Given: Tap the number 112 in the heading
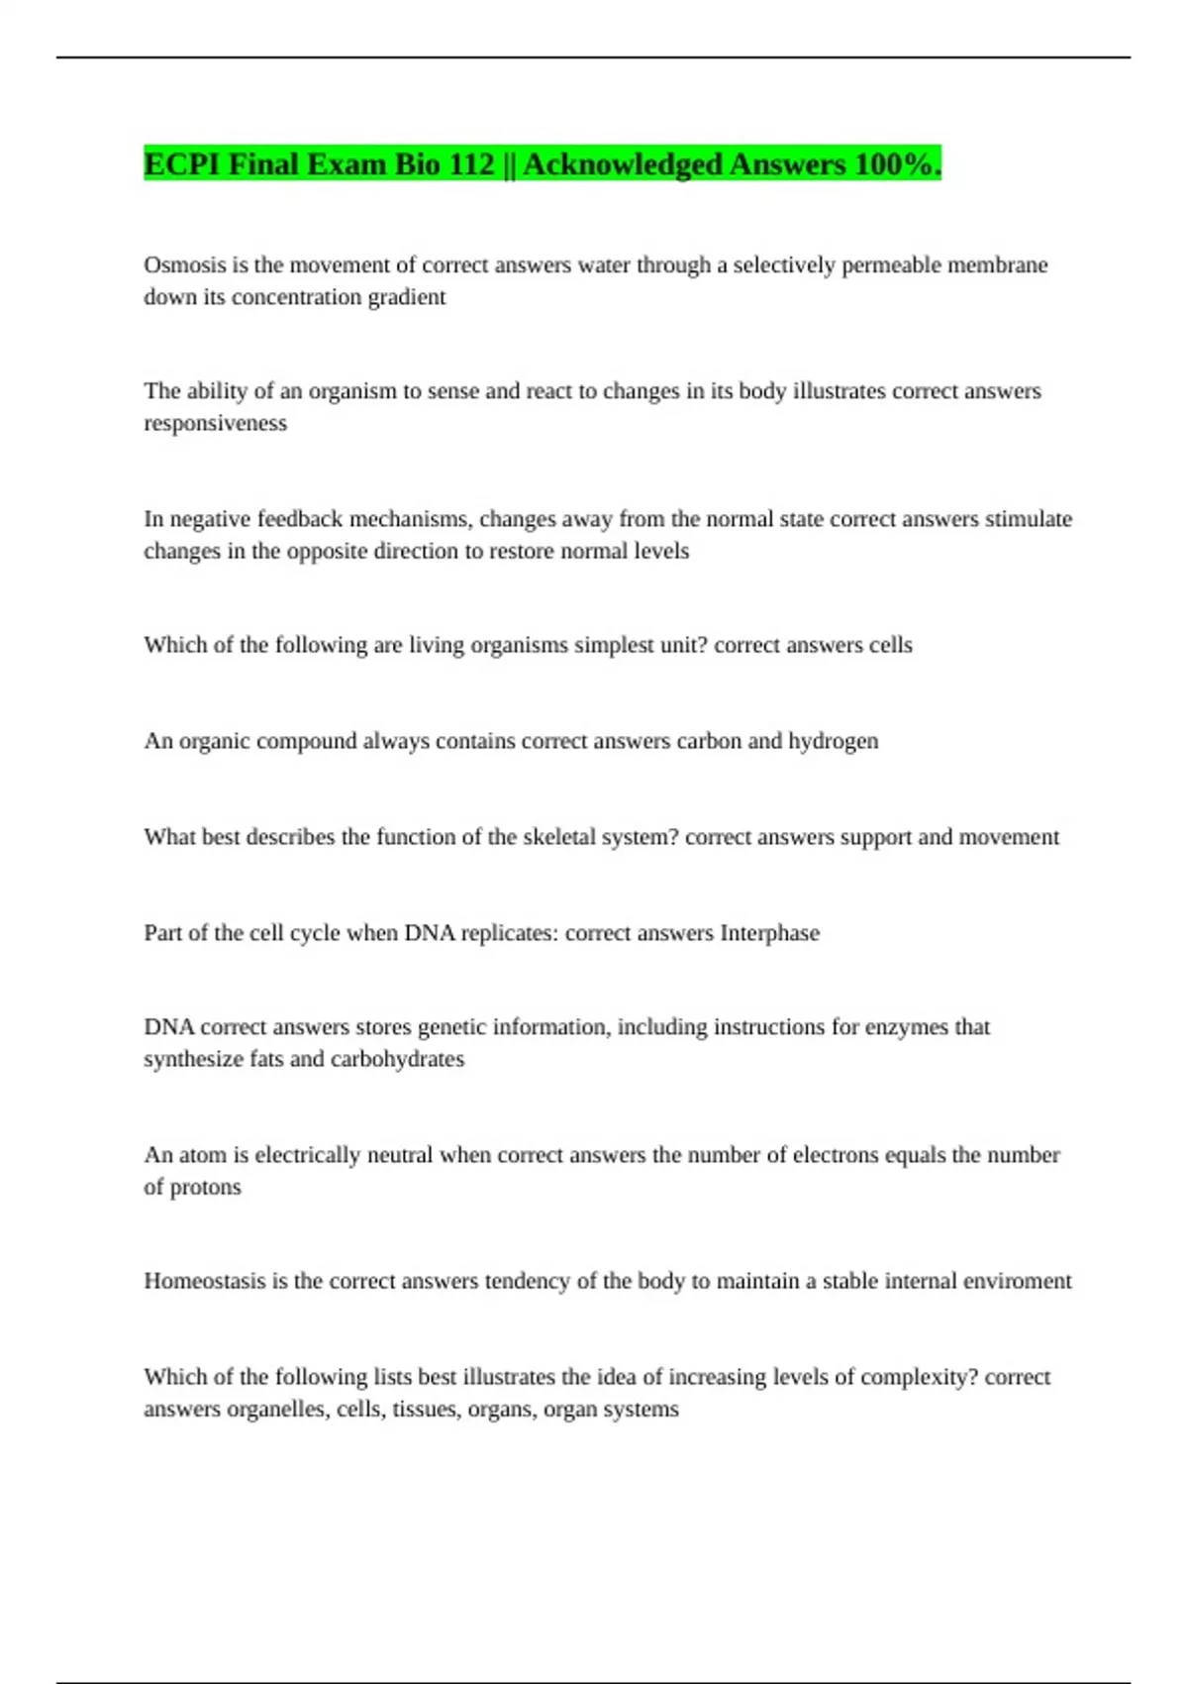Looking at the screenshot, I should coord(471,164).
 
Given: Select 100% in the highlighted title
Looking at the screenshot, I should coord(897,164).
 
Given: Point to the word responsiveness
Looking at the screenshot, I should coord(215,423).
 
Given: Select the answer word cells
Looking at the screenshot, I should coord(890,645).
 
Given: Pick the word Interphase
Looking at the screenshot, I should coord(769,933).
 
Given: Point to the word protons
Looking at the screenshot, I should coord(205,1187).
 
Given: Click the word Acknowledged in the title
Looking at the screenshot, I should coord(623,164).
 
